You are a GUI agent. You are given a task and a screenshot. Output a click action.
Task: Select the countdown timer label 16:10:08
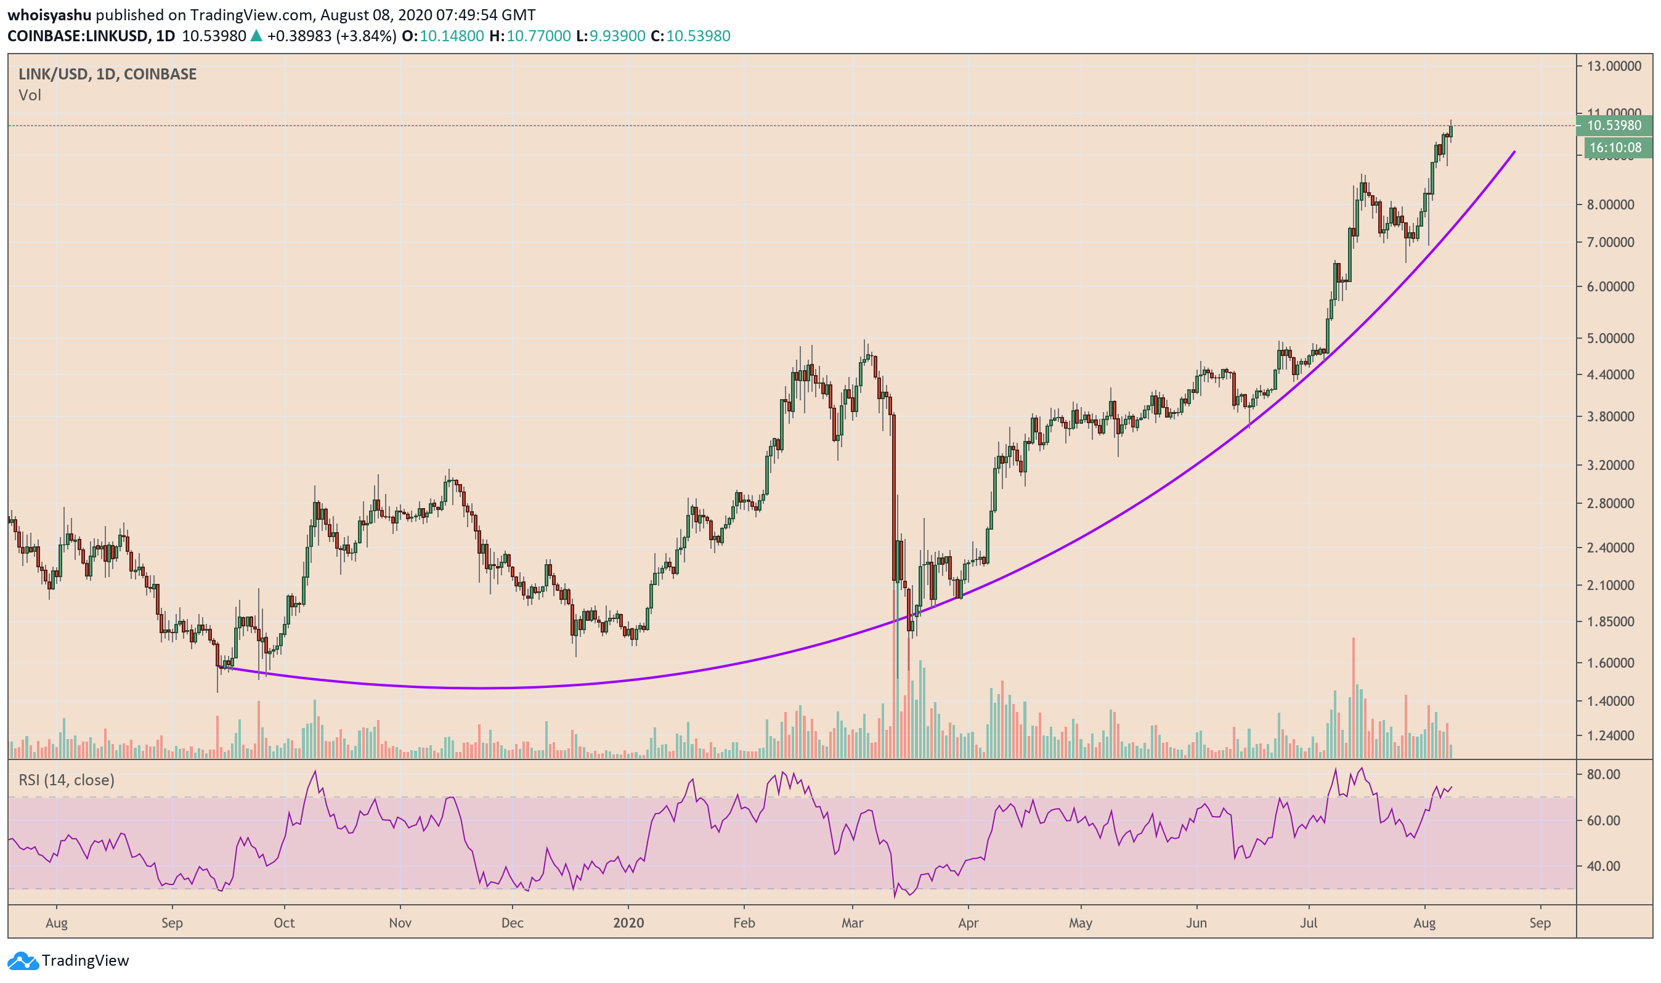click(x=1615, y=148)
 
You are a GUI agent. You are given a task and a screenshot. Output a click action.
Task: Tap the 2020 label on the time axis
click(x=628, y=923)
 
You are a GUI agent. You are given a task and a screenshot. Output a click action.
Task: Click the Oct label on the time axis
click(x=284, y=923)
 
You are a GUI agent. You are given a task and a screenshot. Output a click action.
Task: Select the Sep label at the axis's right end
click(x=1540, y=923)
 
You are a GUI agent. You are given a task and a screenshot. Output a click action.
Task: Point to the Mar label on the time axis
click(x=852, y=923)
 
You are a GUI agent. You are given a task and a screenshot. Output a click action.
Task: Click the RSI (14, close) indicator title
click(x=67, y=780)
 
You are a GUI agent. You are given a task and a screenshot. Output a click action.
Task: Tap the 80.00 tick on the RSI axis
click(x=1603, y=774)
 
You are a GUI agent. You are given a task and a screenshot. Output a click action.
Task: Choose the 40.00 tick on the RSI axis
click(x=1603, y=867)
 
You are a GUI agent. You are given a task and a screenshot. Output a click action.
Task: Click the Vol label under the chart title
click(x=30, y=95)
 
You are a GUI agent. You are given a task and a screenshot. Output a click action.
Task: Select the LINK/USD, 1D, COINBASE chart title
click(x=107, y=74)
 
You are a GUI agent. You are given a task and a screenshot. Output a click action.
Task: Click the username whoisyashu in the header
click(x=49, y=15)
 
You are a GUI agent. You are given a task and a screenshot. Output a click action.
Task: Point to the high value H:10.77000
click(x=529, y=36)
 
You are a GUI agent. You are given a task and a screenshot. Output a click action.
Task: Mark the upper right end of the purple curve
click(x=1514, y=152)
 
